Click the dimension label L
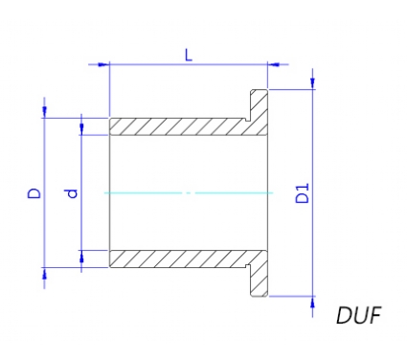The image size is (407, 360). tap(189, 56)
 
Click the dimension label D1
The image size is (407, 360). tap(302, 193)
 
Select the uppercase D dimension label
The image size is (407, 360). tap(34, 193)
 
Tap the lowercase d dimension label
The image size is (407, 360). tap(73, 193)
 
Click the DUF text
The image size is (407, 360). tap(359, 315)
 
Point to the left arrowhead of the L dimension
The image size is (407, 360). tap(103, 64)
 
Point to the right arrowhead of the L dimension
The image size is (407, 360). tap(273, 64)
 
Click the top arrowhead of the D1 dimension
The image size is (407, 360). tap(313, 83)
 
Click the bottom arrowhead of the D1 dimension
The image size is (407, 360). tap(313, 303)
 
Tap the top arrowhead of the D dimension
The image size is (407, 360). tap(44, 112)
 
